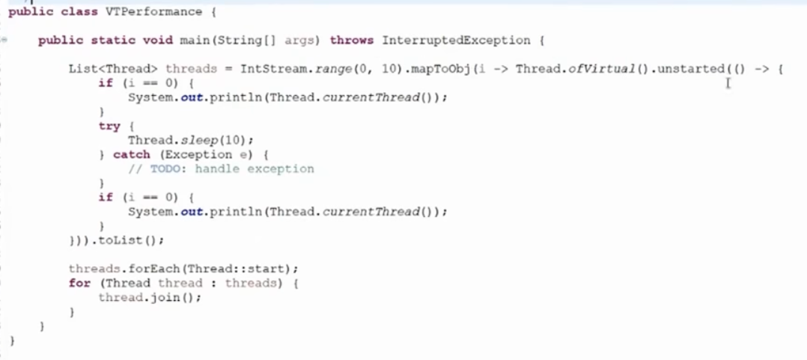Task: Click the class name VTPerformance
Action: tap(159, 12)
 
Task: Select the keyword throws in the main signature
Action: tap(352, 40)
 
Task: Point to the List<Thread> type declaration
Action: tap(113, 69)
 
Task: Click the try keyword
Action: tap(109, 126)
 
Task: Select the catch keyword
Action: tap(131, 155)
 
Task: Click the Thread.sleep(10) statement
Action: tap(190, 141)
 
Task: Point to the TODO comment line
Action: tap(221, 169)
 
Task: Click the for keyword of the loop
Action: tap(79, 283)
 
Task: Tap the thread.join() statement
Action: tap(150, 297)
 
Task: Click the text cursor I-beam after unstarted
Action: tap(727, 82)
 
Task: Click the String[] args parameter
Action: tap(281, 40)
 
